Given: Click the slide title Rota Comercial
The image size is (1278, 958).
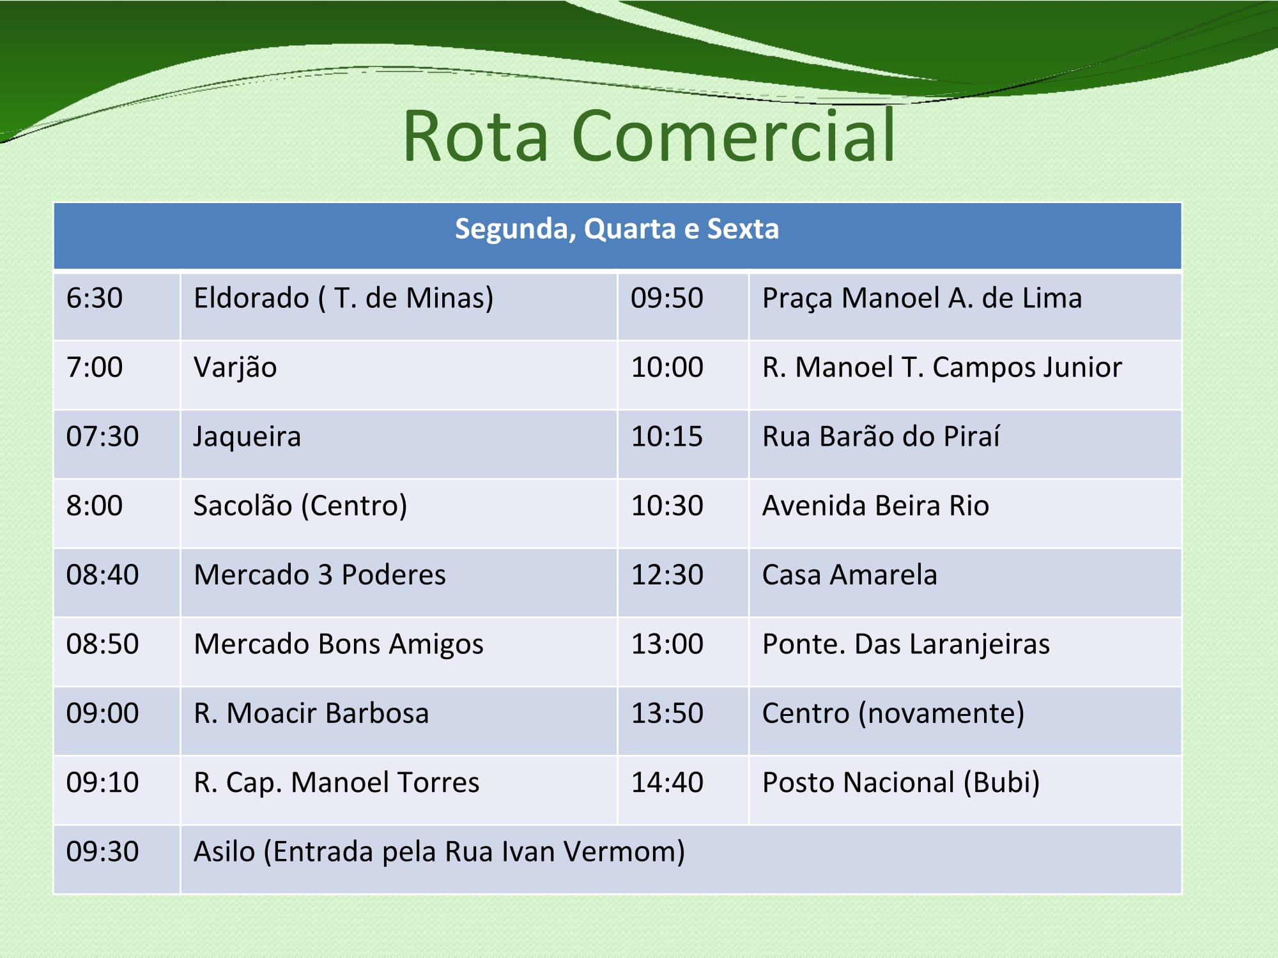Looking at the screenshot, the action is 649,135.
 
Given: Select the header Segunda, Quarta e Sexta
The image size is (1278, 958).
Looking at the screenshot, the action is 617,229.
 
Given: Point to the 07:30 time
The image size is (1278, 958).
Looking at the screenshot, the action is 102,437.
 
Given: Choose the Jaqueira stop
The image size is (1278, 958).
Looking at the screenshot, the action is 247,438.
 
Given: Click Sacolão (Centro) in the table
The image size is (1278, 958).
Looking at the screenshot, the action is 300,506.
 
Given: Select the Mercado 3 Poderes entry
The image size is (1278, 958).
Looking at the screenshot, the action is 319,575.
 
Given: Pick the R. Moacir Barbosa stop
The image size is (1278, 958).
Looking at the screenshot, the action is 311,713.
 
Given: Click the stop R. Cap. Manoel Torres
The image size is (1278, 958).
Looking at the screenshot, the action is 336,783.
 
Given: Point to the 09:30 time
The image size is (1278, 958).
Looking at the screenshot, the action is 102,852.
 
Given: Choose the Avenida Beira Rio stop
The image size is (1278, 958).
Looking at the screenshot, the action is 875,506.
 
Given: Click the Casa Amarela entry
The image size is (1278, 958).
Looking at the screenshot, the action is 850,575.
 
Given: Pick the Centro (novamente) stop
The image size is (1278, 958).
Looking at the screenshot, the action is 893,714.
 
